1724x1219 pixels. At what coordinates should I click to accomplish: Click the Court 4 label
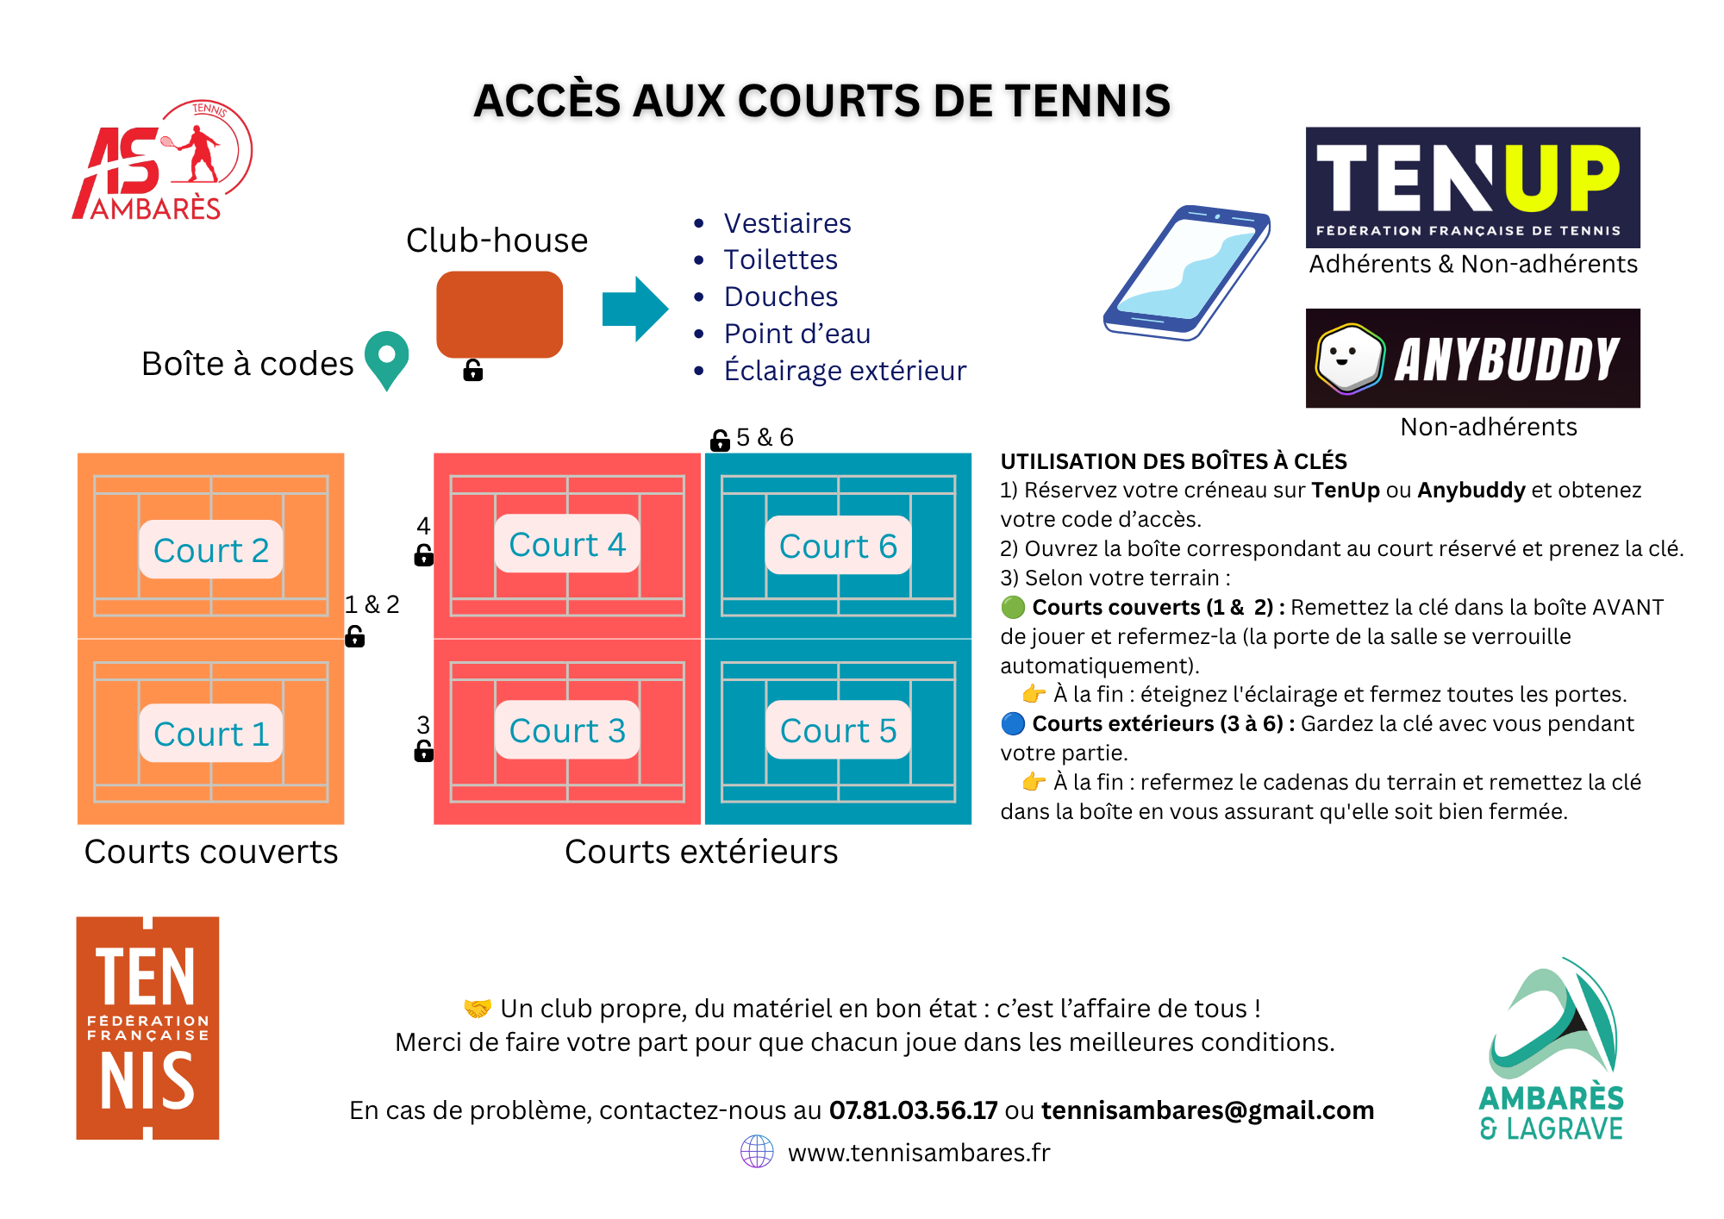point(567,544)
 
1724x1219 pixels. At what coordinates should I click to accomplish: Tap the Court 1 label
point(211,734)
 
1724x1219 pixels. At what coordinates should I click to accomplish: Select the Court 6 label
point(838,546)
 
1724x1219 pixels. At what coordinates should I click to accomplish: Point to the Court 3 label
point(567,730)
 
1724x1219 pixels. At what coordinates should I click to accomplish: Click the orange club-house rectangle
point(500,315)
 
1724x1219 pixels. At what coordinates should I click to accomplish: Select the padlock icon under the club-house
point(472,370)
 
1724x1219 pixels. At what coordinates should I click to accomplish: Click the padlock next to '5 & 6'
point(720,440)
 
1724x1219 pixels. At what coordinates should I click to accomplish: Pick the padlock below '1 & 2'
point(354,636)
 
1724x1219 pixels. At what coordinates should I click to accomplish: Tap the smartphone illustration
point(1187,272)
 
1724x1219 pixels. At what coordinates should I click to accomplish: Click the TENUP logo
point(1473,188)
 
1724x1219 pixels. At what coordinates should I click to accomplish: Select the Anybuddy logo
point(1473,358)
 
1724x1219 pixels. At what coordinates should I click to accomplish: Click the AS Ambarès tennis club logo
point(162,160)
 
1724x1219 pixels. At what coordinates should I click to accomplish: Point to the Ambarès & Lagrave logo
point(1552,1049)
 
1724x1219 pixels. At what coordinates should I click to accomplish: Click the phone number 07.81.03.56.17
point(914,1110)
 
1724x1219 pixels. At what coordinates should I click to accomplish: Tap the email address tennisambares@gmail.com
point(1208,1110)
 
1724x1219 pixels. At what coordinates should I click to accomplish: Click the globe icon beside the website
point(757,1151)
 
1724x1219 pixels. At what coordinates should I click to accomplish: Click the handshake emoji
point(478,1008)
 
